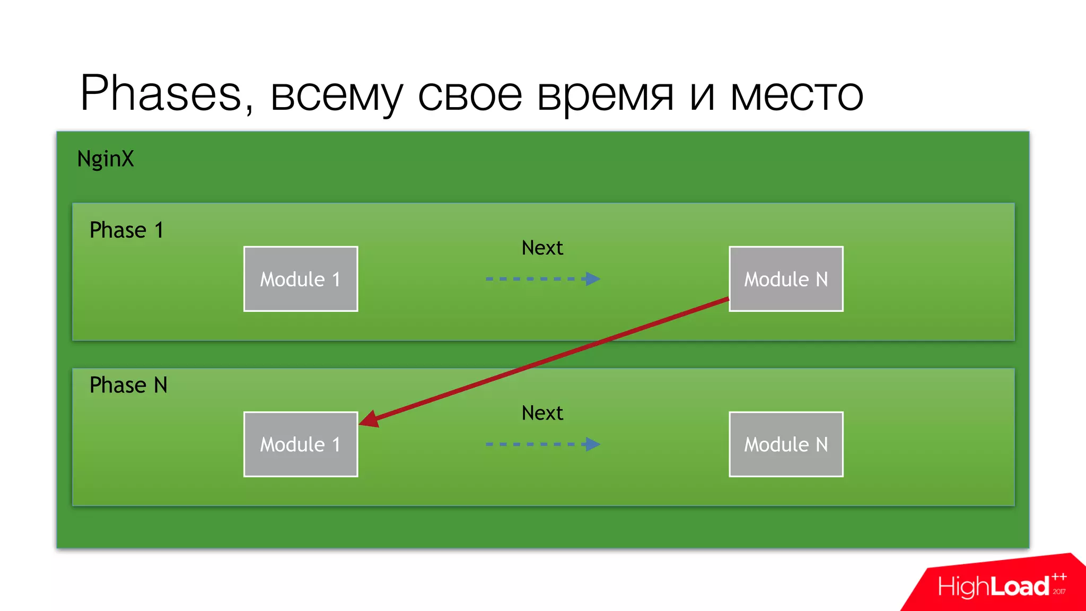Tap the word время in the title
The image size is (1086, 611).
605,95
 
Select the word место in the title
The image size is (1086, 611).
797,95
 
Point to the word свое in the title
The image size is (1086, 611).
470,95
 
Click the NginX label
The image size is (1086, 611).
106,159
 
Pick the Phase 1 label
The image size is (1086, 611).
126,230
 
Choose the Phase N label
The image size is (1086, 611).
128,385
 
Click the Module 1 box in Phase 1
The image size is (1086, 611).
301,279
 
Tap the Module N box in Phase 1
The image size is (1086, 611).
786,279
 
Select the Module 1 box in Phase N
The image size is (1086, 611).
301,444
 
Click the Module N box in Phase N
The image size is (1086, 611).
786,444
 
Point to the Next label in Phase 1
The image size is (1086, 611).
542,248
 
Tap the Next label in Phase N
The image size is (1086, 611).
542,413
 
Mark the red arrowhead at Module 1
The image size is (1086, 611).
370,420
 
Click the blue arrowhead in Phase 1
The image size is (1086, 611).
593,279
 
